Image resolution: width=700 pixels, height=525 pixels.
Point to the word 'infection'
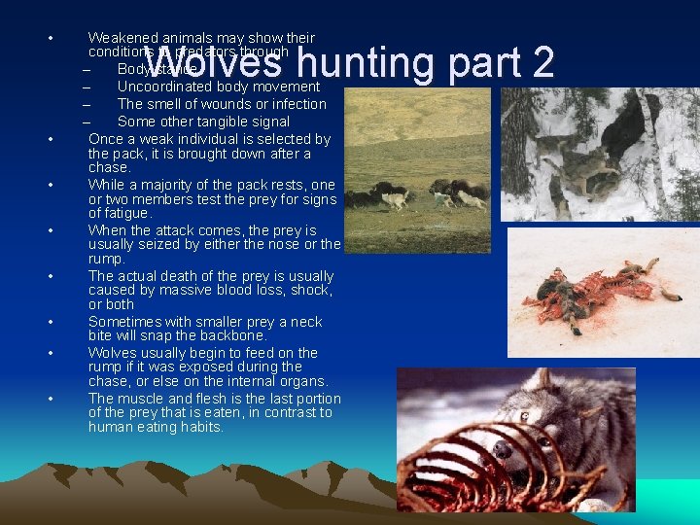pyautogui.click(x=298, y=104)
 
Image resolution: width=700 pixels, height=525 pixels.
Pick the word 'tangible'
pyautogui.click(x=215, y=122)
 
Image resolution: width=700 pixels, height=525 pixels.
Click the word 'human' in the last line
pyautogui.click(x=110, y=427)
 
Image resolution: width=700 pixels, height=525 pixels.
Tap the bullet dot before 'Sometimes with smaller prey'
pyautogui.click(x=49, y=322)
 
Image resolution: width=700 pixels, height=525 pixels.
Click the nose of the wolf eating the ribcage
pyautogui.click(x=502, y=450)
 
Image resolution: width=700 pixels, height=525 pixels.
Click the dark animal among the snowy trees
pyautogui.click(x=625, y=124)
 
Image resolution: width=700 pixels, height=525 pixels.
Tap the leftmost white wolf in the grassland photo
pyautogui.click(x=395, y=199)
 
